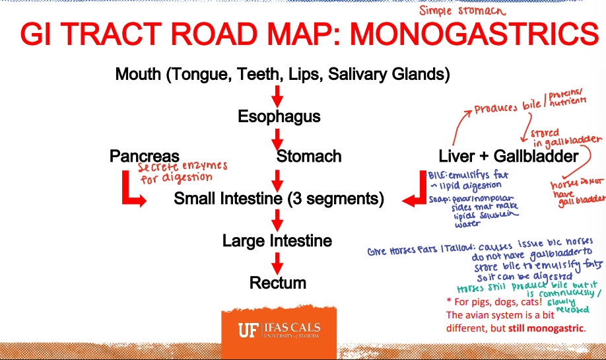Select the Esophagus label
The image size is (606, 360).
[279, 117]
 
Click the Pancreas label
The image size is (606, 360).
[145, 157]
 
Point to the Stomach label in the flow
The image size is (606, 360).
[309, 157]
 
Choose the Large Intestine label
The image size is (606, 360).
[277, 240]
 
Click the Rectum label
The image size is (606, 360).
[278, 283]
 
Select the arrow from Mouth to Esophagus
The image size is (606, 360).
[278, 95]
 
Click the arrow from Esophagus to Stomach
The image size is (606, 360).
[278, 137]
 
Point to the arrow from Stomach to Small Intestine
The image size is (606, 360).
[278, 178]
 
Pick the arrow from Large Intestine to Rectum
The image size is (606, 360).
[278, 262]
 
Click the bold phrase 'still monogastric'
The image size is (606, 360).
[547, 328]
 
